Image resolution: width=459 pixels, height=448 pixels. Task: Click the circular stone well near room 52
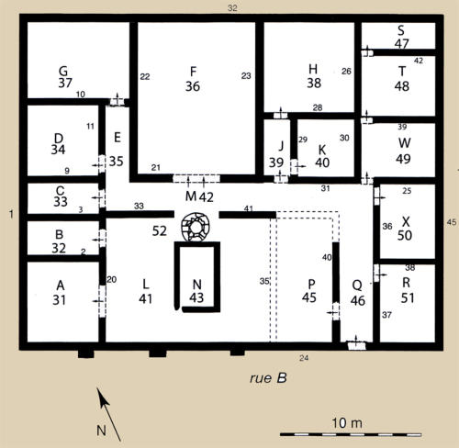(x=196, y=227)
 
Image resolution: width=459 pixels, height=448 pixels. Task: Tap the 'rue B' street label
(x=268, y=378)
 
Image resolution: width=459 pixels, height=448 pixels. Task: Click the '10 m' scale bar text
(x=347, y=423)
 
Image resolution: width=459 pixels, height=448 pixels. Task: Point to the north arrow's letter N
(x=101, y=431)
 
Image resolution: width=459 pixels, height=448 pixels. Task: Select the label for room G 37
(x=65, y=77)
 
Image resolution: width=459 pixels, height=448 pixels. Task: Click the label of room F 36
(x=193, y=79)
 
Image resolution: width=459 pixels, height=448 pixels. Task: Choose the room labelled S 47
(x=401, y=38)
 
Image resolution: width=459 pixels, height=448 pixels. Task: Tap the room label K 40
(x=322, y=156)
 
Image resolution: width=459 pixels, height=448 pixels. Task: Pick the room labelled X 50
(x=405, y=229)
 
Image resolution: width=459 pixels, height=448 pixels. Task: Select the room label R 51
(x=408, y=290)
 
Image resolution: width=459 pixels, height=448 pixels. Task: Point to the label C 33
(x=61, y=196)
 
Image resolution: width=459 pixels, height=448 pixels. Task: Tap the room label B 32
(x=59, y=241)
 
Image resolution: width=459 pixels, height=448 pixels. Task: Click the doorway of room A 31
(x=102, y=301)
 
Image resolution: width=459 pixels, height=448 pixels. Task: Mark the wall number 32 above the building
(x=232, y=8)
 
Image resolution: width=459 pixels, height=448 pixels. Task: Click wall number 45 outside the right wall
(x=452, y=222)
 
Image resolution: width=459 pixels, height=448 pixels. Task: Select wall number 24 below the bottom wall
(x=304, y=358)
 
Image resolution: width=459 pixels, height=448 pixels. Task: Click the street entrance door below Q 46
(x=357, y=345)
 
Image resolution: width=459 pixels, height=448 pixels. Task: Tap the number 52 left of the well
(x=160, y=231)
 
